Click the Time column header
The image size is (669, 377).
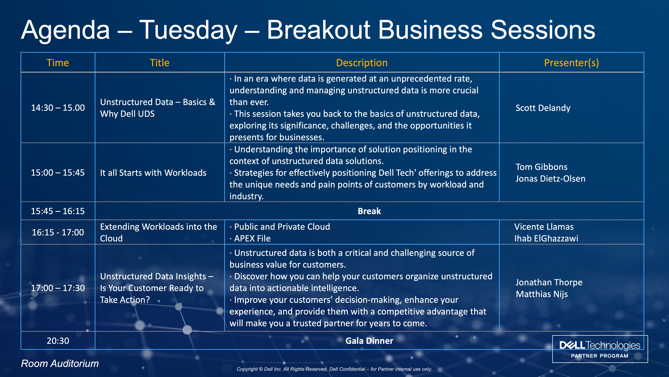(58, 63)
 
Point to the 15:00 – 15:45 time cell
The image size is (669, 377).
(58, 173)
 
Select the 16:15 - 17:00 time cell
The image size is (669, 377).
(58, 232)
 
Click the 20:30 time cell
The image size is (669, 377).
(58, 341)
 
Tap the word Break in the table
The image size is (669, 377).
(369, 211)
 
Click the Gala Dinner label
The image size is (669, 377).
(369, 341)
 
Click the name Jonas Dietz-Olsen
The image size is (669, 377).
(550, 178)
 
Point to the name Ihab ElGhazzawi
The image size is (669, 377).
(546, 238)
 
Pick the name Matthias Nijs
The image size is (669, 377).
(542, 294)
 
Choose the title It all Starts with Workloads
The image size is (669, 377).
(153, 173)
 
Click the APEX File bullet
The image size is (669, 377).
(250, 238)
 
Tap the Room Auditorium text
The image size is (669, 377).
(60, 363)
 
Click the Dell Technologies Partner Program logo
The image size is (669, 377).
(600, 349)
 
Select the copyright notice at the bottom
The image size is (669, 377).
(334, 369)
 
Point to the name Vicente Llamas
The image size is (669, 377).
(544, 227)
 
